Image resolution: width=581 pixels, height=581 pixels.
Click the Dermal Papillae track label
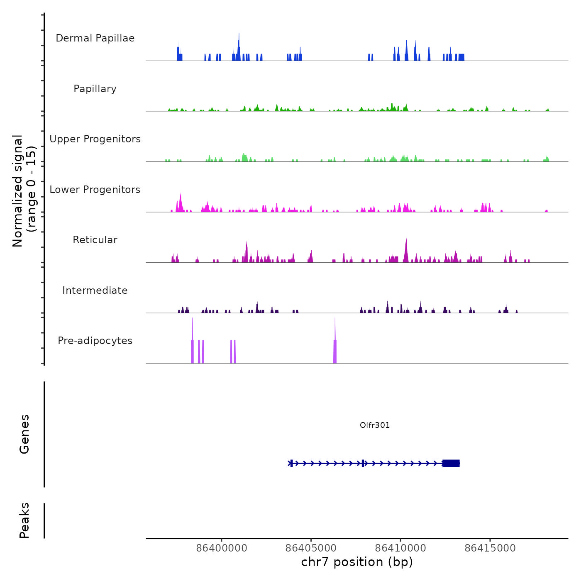click(x=95, y=38)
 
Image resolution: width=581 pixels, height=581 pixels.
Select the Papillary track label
click(x=95, y=89)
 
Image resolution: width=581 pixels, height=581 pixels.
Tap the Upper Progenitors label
click(x=95, y=139)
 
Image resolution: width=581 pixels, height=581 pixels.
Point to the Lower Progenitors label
click(x=95, y=190)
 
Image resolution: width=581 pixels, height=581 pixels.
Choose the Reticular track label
click(x=95, y=240)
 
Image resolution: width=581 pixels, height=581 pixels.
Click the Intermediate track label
click(x=95, y=290)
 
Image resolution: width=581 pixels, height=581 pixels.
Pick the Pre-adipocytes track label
click(x=95, y=341)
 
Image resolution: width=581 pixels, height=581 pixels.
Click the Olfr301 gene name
click(x=375, y=425)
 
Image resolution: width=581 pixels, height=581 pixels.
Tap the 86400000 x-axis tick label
click(x=222, y=548)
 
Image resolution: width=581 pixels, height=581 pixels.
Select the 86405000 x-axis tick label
click(x=311, y=548)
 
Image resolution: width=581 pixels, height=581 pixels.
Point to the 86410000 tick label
click(x=400, y=548)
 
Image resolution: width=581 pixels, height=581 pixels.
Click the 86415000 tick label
click(x=490, y=548)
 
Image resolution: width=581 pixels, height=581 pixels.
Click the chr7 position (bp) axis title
click(x=357, y=562)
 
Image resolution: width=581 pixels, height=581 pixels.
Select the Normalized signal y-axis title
click(x=24, y=191)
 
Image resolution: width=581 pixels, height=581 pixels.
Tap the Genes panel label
click(x=24, y=434)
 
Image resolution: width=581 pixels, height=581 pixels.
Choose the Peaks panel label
click(x=24, y=520)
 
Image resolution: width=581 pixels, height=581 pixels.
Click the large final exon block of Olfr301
click(x=451, y=463)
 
